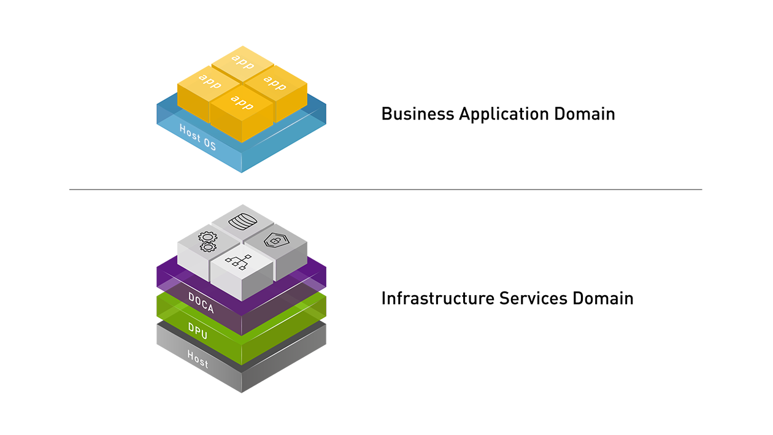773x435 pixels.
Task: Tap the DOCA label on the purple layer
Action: (x=201, y=303)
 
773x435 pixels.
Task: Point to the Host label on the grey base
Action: (x=198, y=360)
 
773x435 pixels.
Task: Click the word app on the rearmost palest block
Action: (x=242, y=61)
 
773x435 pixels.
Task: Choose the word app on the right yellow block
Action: (x=274, y=82)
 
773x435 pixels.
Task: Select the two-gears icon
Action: (x=207, y=242)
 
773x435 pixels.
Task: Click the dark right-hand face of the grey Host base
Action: (x=307, y=368)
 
